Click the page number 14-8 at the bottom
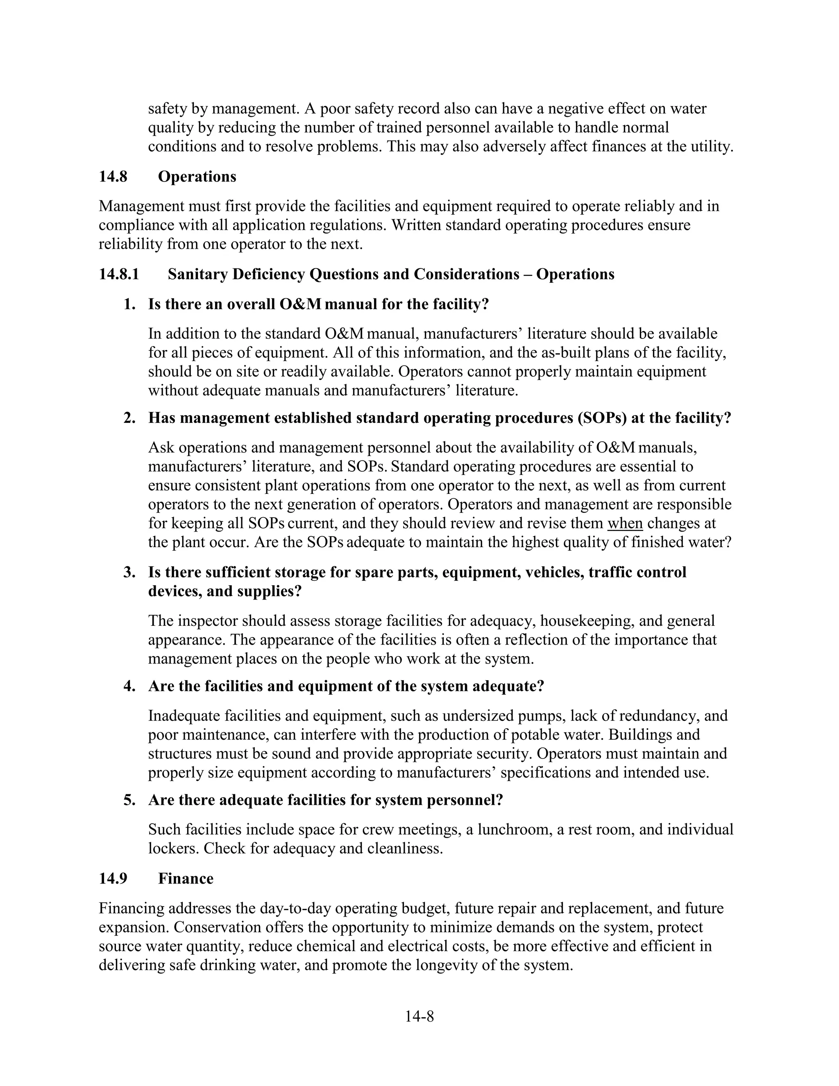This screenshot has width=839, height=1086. click(419, 1016)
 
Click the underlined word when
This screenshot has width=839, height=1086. click(625, 523)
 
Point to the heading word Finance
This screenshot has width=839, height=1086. click(186, 879)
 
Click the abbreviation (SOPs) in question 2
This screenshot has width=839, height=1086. click(601, 418)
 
